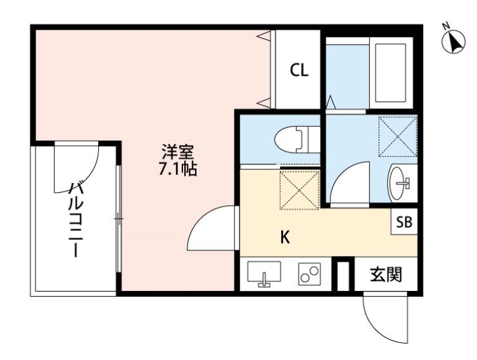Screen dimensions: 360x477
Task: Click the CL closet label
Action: point(299,70)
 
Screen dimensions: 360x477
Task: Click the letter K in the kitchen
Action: point(285,238)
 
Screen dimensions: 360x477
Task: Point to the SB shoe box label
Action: point(404,222)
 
